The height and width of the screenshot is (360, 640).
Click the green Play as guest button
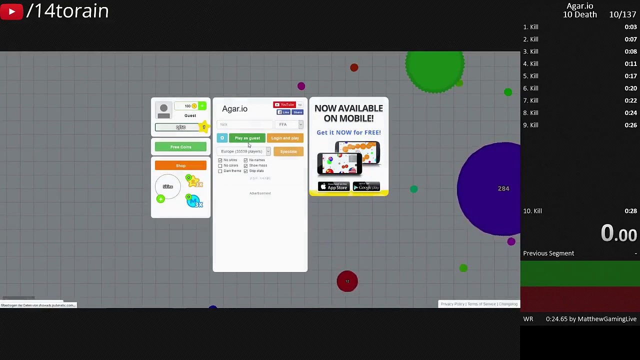(247, 138)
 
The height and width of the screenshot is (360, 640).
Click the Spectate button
(288, 151)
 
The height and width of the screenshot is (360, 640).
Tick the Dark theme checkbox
(220, 171)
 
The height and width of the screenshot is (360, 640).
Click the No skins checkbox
(220, 160)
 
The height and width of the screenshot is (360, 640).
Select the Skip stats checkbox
(245, 171)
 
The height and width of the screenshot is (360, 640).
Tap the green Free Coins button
(180, 147)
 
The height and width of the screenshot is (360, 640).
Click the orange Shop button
(180, 165)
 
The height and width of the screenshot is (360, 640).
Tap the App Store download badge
(333, 187)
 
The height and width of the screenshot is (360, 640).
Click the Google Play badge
(366, 187)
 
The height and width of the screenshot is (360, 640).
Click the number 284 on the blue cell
(503, 188)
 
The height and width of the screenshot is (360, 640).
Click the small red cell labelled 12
(347, 281)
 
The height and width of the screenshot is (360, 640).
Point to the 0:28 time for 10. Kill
(630, 211)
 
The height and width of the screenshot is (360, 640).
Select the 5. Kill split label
(531, 76)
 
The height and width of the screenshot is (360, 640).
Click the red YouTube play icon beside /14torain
(11, 11)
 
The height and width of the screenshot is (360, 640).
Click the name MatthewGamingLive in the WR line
(607, 319)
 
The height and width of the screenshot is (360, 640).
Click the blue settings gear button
(222, 138)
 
